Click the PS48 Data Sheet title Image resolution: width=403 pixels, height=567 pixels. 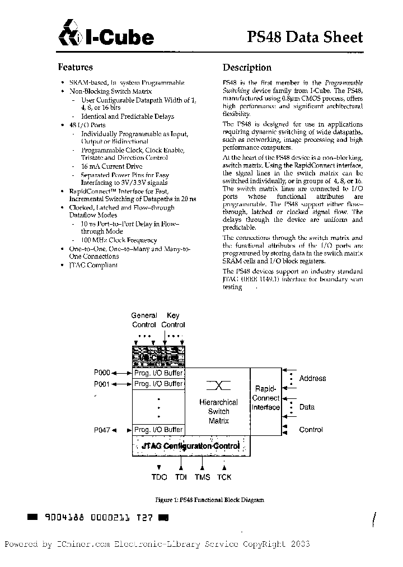pyautogui.click(x=304, y=37)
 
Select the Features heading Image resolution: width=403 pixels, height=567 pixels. pyautogui.click(x=76, y=67)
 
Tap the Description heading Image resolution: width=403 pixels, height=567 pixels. pyautogui.click(x=247, y=68)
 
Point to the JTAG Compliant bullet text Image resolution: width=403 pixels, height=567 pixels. pyautogui.click(x=93, y=265)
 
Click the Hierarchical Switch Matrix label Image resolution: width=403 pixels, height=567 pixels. pyautogui.click(x=218, y=411)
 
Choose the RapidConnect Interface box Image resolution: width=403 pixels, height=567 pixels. pyautogui.click(x=265, y=398)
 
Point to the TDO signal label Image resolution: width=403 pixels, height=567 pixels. pyautogui.click(x=159, y=477)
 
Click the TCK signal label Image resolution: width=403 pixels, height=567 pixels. pyautogui.click(x=224, y=477)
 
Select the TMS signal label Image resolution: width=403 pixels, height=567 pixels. pyautogui.click(x=202, y=477)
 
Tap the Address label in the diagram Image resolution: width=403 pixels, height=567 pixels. pyautogui.click(x=312, y=378)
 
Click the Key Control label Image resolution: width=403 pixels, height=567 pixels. pyautogui.click(x=173, y=320)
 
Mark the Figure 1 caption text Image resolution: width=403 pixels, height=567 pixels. pyautogui.click(x=209, y=500)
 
